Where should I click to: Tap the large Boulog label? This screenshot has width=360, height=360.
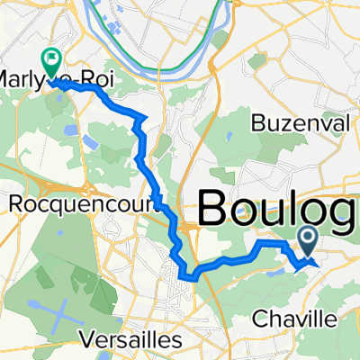click(277, 211)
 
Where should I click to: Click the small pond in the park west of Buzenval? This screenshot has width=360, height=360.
click(232, 138)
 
